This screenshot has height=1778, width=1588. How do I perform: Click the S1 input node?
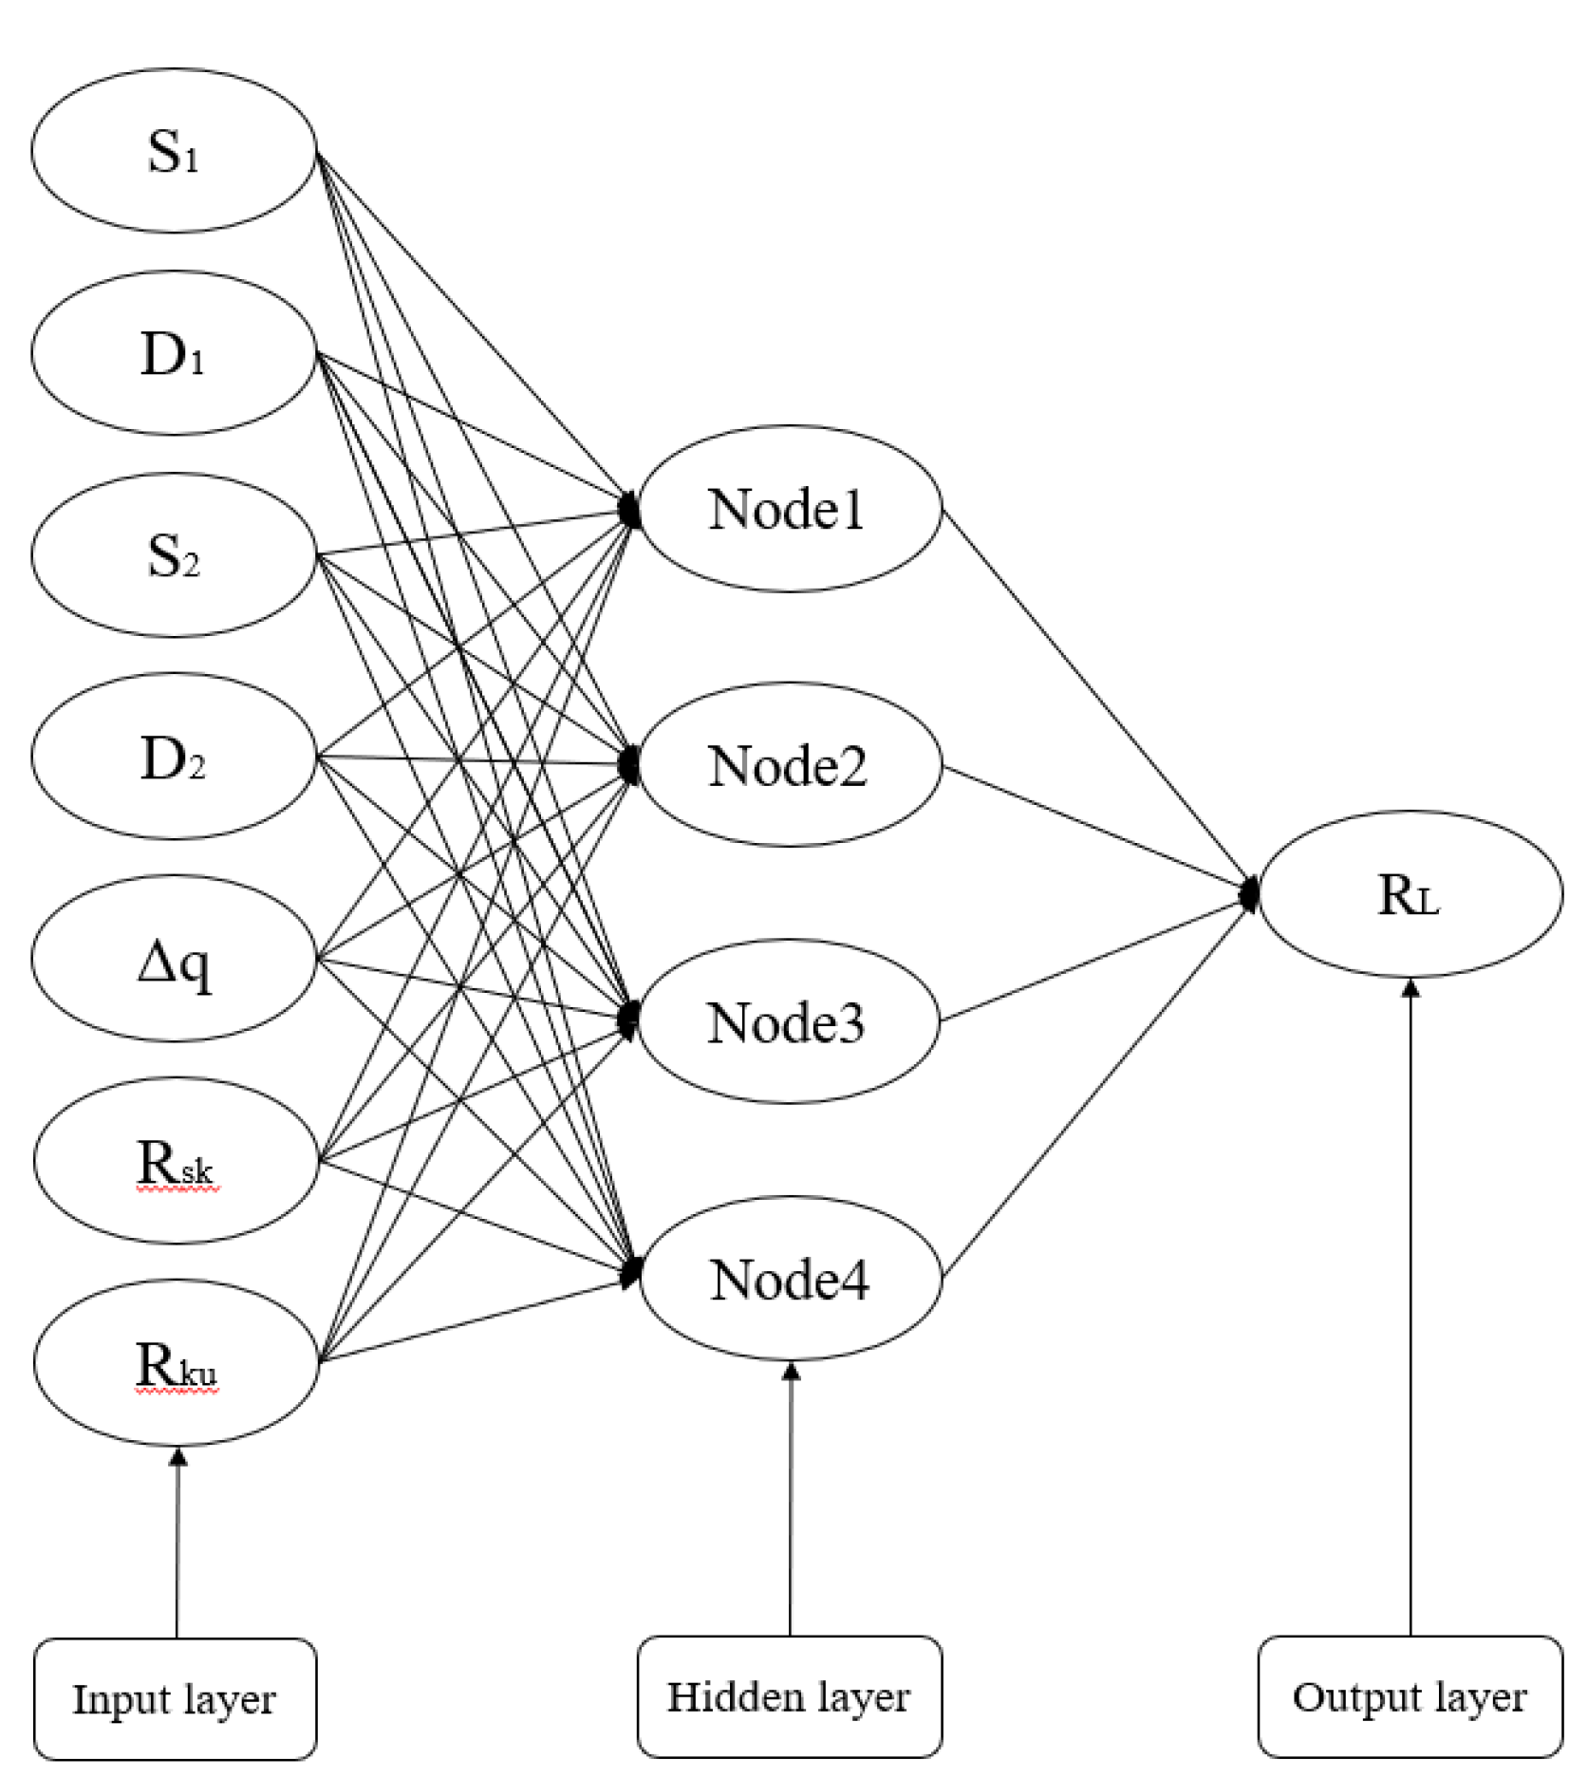tap(174, 150)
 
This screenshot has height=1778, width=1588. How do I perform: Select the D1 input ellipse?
tap(174, 353)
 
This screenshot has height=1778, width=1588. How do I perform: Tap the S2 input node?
tap(174, 555)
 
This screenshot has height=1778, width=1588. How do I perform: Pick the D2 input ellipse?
tap(174, 757)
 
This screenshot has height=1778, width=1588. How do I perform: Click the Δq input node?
tap(174, 959)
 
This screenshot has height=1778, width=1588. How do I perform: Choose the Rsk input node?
tap(176, 1160)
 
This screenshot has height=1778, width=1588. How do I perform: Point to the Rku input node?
tap(176, 1363)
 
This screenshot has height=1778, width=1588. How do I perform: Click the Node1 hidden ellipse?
tap(789, 509)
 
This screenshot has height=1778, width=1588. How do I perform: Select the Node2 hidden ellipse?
tap(789, 765)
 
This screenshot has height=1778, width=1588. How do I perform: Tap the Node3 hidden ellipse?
tap(789, 1021)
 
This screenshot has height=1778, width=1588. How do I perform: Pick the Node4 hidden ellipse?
tap(791, 1279)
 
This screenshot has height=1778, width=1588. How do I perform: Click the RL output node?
tap(1410, 893)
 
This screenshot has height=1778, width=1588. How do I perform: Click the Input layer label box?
tap(175, 1699)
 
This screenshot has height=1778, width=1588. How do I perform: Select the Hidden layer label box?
tap(789, 1697)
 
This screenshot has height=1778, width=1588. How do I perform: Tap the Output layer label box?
tap(1410, 1697)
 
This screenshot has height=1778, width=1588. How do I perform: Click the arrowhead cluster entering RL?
tap(1250, 892)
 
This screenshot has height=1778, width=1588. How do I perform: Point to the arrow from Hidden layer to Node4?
tap(790, 1500)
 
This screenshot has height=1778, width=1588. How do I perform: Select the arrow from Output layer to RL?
tap(1411, 1310)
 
